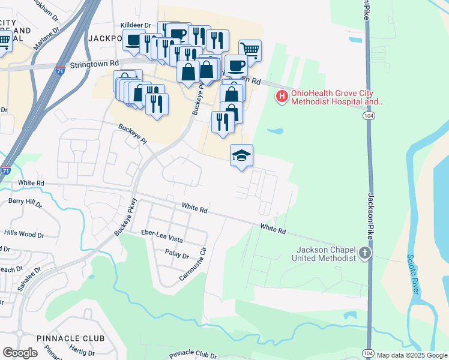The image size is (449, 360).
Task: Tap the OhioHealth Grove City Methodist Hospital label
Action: (337, 98)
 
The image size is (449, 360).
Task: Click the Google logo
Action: (20, 353)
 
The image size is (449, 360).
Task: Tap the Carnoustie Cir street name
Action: (193, 265)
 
